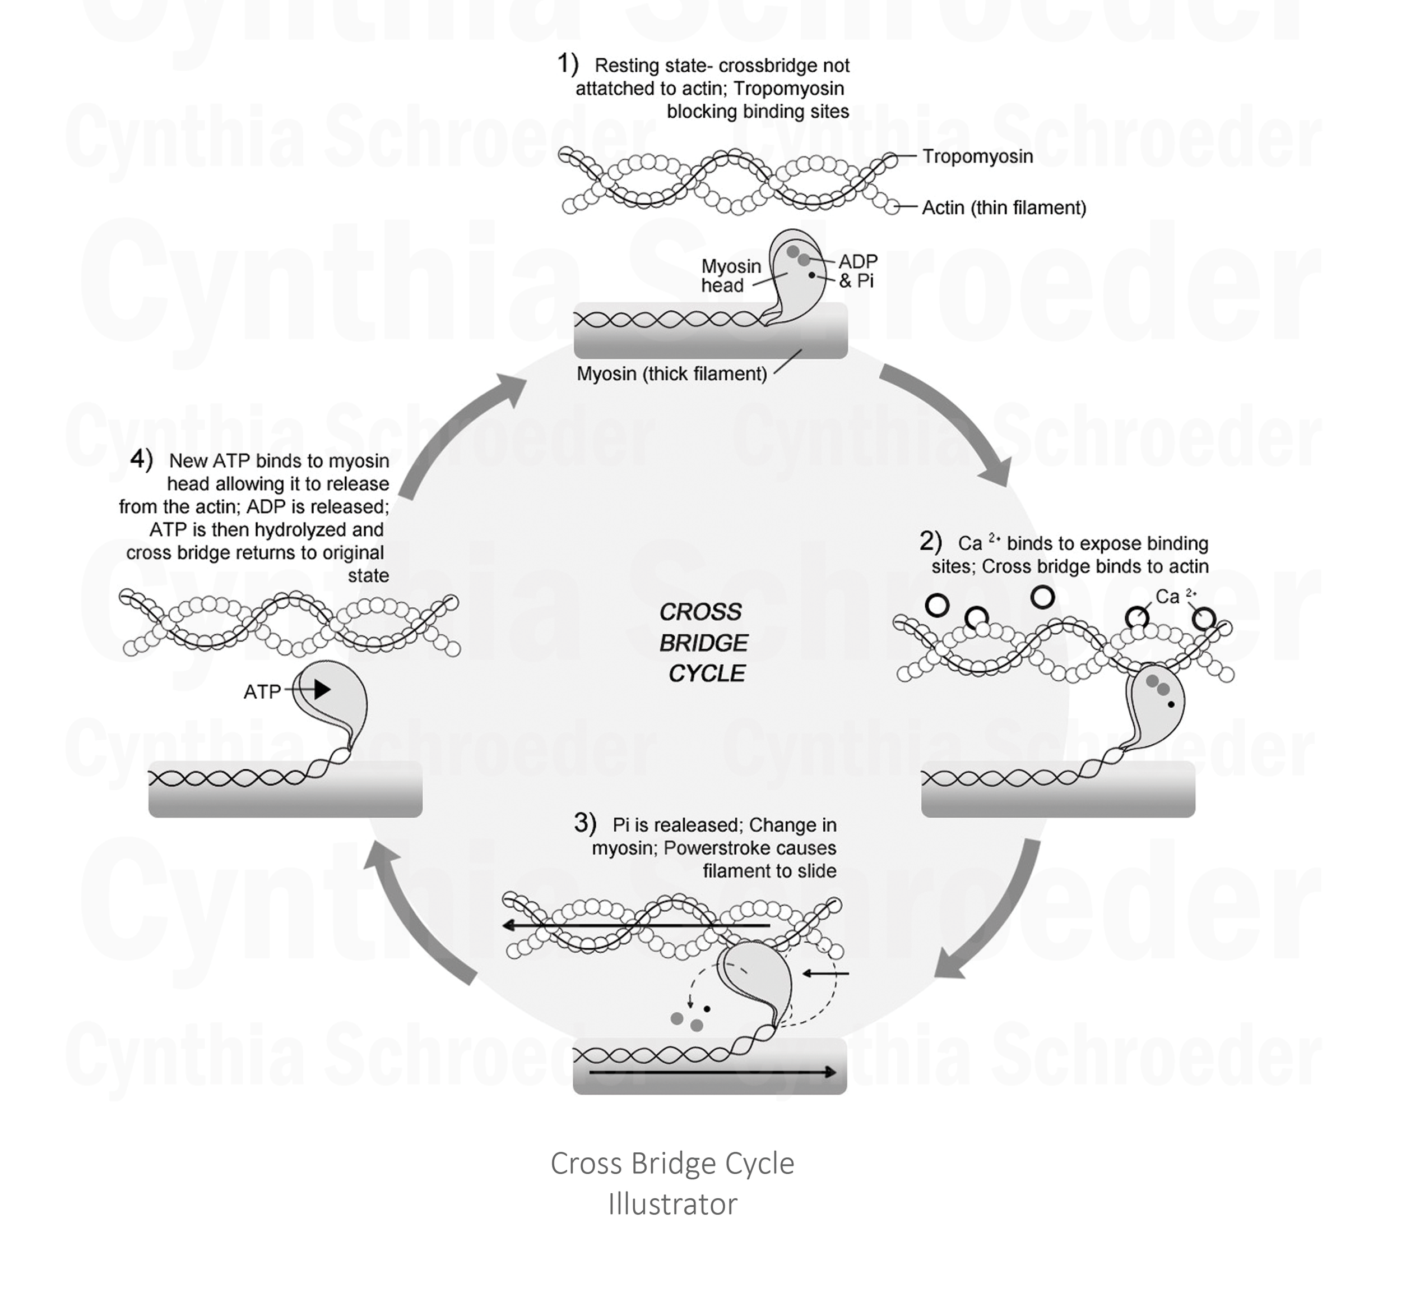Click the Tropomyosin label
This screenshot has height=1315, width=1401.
977,156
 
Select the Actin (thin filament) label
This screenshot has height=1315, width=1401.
1004,208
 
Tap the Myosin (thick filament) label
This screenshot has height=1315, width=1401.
671,373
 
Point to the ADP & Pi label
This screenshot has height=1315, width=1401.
857,271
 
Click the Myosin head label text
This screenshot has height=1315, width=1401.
730,276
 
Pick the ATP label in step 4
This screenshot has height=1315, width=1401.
262,693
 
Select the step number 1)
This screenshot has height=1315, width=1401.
567,64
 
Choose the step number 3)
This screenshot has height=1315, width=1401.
585,822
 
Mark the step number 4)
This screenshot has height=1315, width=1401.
142,459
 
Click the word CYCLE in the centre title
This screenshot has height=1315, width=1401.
706,674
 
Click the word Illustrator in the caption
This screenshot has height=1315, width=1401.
672,1205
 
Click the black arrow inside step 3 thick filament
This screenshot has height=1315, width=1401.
712,1072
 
